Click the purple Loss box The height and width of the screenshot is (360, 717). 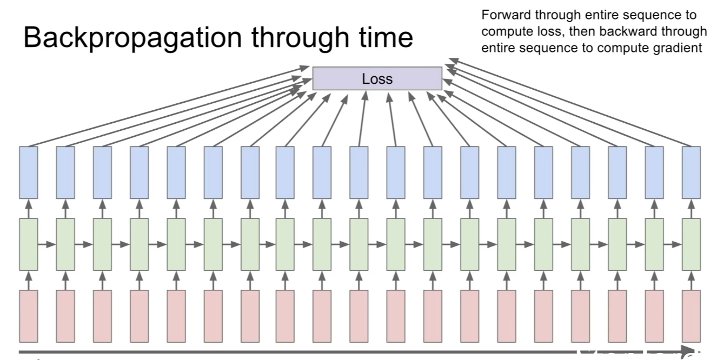point(377,78)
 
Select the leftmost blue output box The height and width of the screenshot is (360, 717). point(29,172)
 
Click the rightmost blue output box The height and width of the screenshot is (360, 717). point(691,172)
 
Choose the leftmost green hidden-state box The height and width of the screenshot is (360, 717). point(29,244)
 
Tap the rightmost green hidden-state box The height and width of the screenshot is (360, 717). point(691,244)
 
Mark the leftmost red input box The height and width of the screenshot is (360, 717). point(29,316)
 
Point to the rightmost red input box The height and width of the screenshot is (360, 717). point(691,316)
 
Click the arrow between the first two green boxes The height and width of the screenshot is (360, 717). point(47,244)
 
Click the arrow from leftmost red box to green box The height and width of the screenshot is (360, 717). point(29,281)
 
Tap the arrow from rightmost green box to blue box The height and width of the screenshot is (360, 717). point(692,208)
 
